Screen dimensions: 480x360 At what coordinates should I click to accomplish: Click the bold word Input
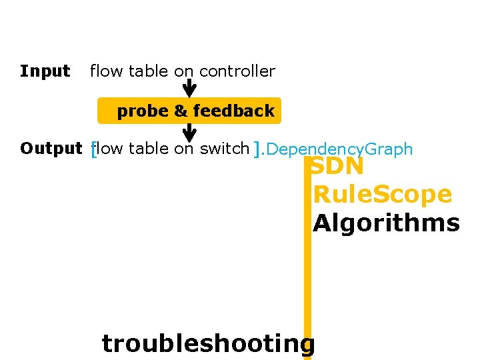click(45, 71)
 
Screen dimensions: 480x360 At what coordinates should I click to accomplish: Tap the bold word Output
click(51, 149)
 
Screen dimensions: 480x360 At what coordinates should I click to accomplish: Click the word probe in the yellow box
click(143, 111)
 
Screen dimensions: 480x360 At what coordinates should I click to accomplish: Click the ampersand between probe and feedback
click(181, 111)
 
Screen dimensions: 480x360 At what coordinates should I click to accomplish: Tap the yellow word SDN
click(338, 166)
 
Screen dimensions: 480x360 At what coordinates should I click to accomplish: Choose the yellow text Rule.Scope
click(382, 195)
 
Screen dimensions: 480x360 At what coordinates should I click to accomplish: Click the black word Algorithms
click(386, 223)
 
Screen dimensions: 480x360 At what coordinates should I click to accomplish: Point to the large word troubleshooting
click(208, 343)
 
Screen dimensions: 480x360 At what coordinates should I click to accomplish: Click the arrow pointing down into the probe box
click(189, 89)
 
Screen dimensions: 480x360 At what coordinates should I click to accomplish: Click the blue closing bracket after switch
click(258, 150)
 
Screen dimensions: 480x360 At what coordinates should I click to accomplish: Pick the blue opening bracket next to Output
click(93, 150)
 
